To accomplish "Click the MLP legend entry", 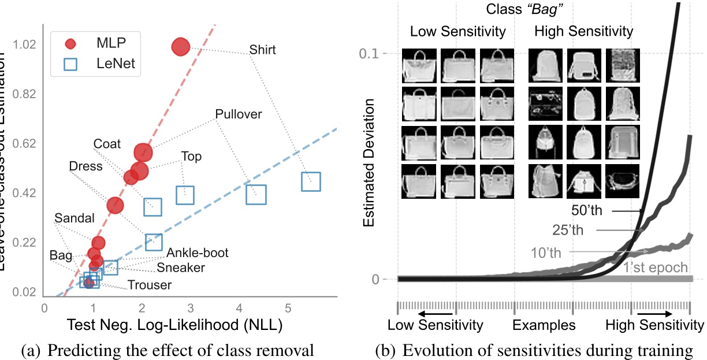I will click(95, 43).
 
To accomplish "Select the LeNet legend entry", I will click(99, 64).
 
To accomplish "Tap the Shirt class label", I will click(262, 50).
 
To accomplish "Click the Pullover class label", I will click(238, 114).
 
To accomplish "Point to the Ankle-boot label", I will click(197, 253).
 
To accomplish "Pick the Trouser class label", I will click(150, 284).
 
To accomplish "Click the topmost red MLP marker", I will click(181, 47).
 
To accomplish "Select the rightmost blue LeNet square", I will click(311, 181).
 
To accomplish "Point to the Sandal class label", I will click(74, 218).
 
